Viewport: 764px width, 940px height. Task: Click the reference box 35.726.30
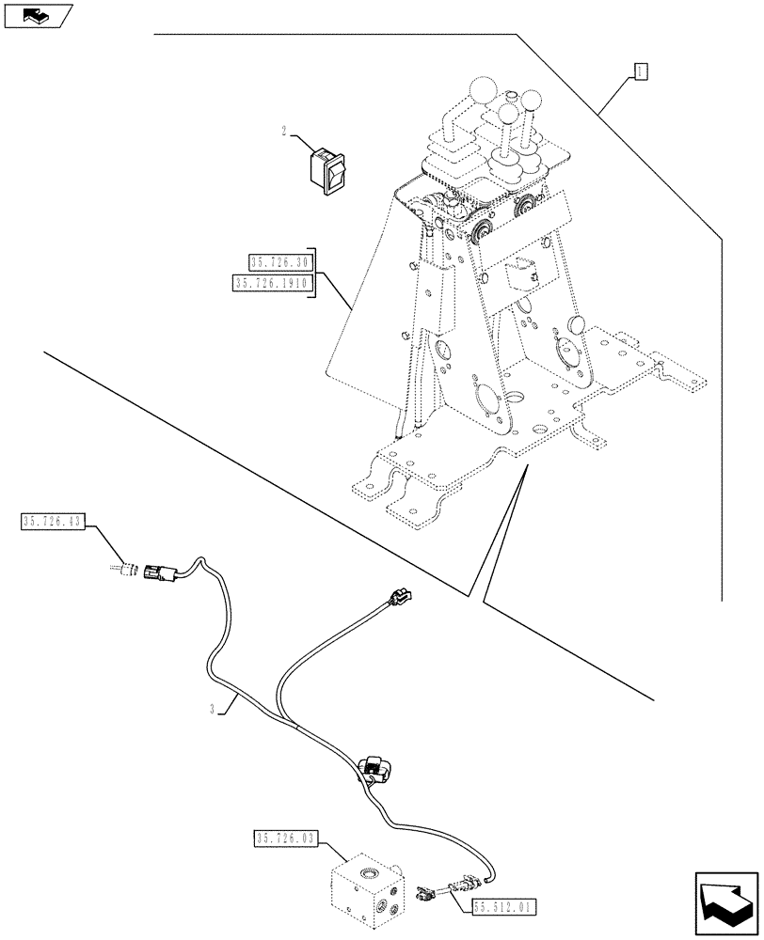280,262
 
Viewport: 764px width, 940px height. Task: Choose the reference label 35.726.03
286,837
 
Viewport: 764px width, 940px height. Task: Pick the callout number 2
283,133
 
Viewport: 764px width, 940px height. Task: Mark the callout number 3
214,712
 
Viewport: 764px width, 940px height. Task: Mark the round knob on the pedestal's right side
575,324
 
